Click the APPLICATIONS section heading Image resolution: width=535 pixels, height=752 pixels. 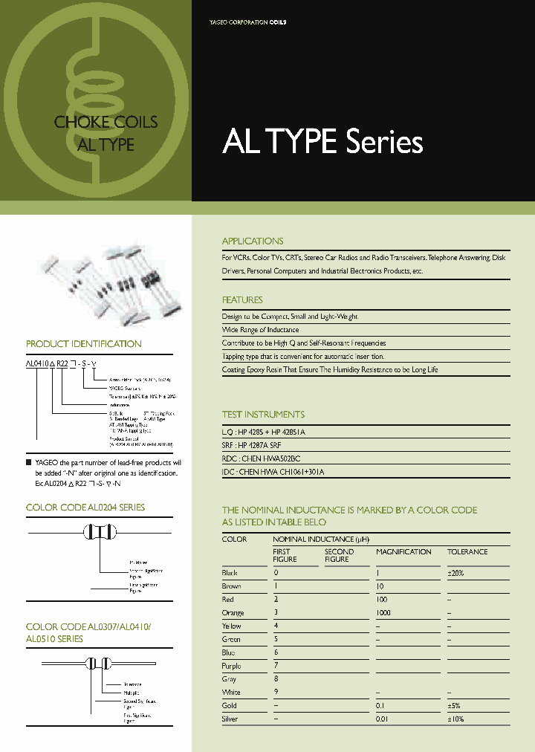(x=253, y=242)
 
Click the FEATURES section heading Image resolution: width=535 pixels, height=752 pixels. (x=242, y=300)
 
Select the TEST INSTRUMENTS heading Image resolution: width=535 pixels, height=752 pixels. (x=263, y=415)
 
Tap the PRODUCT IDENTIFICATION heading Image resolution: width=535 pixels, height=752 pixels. (x=83, y=344)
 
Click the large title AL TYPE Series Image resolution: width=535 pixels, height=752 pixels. (x=322, y=142)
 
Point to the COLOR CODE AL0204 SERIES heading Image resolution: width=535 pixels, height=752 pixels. (x=85, y=508)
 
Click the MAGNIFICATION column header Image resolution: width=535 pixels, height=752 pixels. (x=403, y=552)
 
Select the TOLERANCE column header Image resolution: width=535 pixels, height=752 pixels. (x=467, y=552)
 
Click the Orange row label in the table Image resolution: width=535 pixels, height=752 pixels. (x=233, y=613)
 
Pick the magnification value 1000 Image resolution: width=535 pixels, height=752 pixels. (x=384, y=613)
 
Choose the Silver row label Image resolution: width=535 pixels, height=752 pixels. (x=230, y=719)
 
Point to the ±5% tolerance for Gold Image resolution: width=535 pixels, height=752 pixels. (x=455, y=706)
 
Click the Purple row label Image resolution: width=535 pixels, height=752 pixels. (x=231, y=667)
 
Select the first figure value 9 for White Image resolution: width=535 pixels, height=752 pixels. (x=276, y=693)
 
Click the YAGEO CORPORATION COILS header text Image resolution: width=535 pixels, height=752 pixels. (x=247, y=23)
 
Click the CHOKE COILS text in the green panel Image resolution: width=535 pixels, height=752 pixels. (x=106, y=123)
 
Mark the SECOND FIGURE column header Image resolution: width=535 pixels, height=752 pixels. (x=339, y=555)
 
